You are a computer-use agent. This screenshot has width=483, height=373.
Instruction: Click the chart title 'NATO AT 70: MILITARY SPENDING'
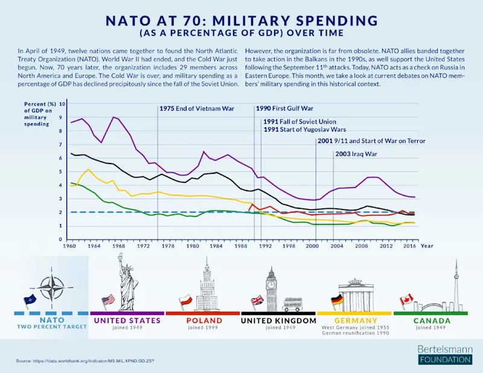tap(241, 21)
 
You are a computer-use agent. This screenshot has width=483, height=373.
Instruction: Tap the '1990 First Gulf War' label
tap(285, 109)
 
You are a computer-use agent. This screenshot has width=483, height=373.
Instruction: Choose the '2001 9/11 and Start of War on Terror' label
tap(371, 141)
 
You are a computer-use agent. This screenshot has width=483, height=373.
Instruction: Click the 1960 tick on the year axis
tap(70, 246)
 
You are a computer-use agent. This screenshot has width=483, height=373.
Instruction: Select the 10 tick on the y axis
tap(61, 104)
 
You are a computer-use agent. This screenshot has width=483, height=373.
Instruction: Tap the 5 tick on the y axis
tap(61, 172)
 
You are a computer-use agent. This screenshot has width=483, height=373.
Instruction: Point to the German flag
tap(336, 300)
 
